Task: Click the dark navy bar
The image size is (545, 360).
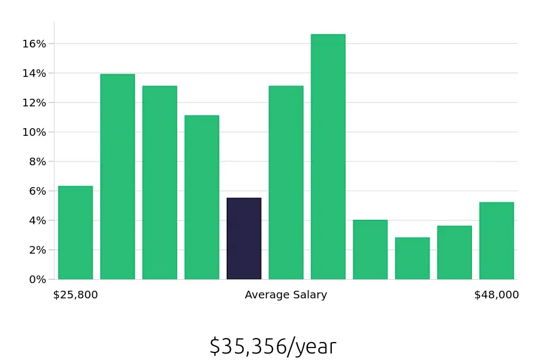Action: (244, 239)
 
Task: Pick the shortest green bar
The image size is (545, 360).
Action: (412, 259)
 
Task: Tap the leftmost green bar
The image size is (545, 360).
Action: (75, 233)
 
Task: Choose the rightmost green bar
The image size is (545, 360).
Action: (496, 241)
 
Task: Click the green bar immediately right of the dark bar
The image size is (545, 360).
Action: (286, 183)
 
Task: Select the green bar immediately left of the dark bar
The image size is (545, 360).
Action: (202, 197)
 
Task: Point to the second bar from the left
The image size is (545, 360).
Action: (117, 177)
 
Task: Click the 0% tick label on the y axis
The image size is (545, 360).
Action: (38, 280)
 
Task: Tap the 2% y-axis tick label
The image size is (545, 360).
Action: (38, 250)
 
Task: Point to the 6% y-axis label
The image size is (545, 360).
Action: (38, 191)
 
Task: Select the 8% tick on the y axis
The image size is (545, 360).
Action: (38, 162)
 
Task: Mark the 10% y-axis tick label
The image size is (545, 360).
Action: (34, 133)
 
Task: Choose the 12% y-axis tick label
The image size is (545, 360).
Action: (34, 103)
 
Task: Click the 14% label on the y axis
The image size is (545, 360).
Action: (34, 74)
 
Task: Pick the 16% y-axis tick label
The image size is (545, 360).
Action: (34, 44)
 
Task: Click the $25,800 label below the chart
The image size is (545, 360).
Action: (75, 295)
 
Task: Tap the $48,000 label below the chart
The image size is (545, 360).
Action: (496, 295)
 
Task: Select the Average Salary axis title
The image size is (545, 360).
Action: (286, 295)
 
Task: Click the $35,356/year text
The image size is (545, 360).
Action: (272, 346)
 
